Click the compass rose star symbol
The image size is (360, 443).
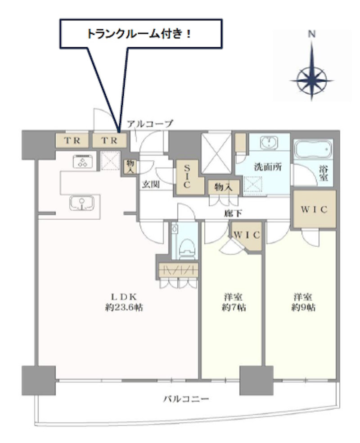click(x=312, y=80)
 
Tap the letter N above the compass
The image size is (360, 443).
click(x=312, y=34)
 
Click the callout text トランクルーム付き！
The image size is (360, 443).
click(x=139, y=34)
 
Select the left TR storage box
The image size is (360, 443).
click(x=72, y=140)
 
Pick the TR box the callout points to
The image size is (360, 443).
click(x=109, y=140)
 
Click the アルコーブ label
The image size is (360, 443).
click(x=150, y=124)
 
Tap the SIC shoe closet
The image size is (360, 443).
click(x=189, y=177)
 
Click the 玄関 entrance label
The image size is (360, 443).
click(x=151, y=185)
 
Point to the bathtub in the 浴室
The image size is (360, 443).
click(x=313, y=149)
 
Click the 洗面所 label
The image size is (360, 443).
click(x=268, y=167)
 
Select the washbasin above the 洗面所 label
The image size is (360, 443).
click(x=269, y=143)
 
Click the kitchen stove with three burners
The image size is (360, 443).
click(x=83, y=161)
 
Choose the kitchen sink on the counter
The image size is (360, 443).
click(x=81, y=203)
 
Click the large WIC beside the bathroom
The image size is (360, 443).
click(x=314, y=209)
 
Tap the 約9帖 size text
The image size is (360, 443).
click(x=304, y=307)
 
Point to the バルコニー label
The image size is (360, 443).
click(x=186, y=399)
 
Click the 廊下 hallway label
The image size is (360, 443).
click(x=233, y=213)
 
